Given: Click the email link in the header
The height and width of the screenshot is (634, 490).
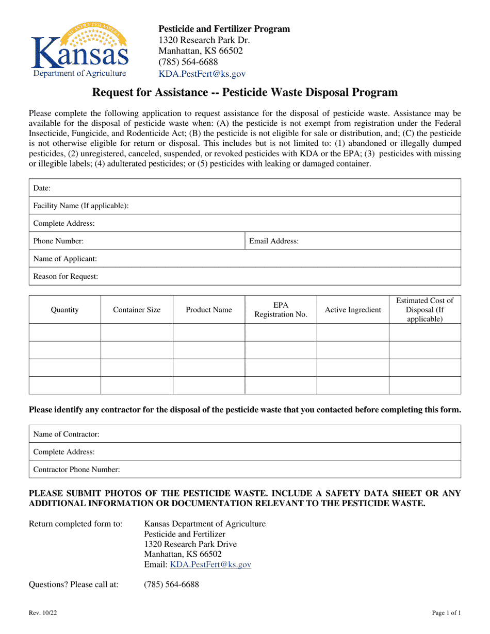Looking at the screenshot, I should coord(202,74).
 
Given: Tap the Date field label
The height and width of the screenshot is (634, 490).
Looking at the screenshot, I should coord(42,188).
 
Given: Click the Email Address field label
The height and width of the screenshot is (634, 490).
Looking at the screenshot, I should coord(273,241).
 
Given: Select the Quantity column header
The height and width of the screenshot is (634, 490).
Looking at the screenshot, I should coord(64,310).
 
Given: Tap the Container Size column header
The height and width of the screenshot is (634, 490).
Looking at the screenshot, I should coord(137,310).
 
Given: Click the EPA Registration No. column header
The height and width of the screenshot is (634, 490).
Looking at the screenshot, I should coord(281,310).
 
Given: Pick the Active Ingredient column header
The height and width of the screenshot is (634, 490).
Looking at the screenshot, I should coord(353,310).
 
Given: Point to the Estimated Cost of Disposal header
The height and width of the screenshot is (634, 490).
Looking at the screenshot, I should coord(424,310).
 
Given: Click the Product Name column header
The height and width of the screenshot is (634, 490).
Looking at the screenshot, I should coord(209,310).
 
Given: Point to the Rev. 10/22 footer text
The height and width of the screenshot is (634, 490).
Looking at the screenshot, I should coord(39,613).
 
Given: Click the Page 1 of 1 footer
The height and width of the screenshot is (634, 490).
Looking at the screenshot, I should coord(446,613).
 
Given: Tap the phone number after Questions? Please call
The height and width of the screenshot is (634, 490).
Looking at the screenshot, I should coord(171,585).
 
